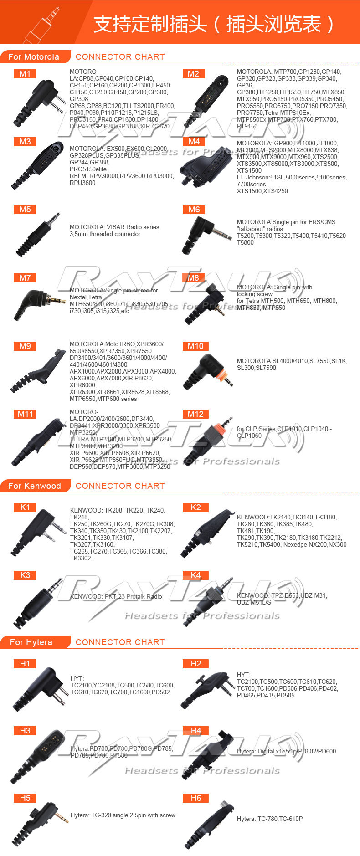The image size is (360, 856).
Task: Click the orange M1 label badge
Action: [25, 74]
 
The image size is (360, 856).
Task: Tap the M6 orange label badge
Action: [194, 210]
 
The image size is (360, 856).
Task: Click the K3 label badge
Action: [25, 575]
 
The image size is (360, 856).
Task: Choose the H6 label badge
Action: [195, 798]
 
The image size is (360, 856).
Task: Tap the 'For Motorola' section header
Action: [34, 57]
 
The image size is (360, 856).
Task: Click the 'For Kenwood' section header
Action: [35, 486]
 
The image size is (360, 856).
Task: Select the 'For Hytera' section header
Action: [31, 642]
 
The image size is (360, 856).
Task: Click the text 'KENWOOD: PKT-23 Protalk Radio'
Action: [116, 596]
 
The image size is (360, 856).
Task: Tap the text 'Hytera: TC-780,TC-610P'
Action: [270, 819]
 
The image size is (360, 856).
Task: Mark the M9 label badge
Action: [25, 346]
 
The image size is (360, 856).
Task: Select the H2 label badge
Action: [195, 664]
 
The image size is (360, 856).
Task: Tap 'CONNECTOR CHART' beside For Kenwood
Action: [120, 486]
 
